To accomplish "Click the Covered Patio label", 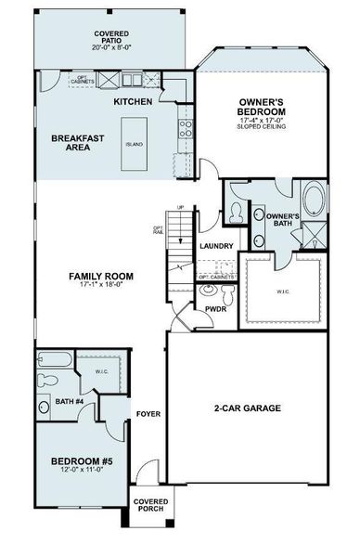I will [110, 39].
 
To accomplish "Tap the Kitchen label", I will [133, 100].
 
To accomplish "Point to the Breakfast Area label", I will [76, 141].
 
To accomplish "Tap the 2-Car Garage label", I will [246, 408].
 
